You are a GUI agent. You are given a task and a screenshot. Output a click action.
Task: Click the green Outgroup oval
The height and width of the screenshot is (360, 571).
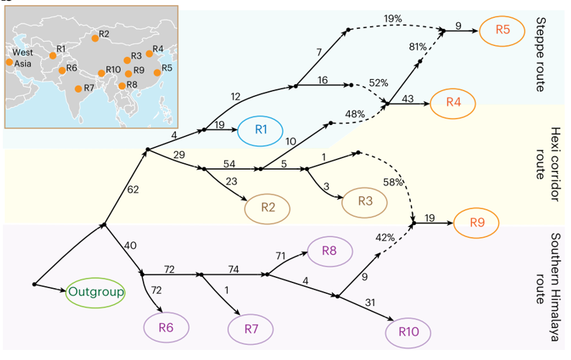click(x=96, y=292)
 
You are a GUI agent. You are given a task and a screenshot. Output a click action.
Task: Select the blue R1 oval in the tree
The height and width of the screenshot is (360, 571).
click(x=261, y=129)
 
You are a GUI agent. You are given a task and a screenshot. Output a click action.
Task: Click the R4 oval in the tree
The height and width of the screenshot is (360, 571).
click(x=453, y=101)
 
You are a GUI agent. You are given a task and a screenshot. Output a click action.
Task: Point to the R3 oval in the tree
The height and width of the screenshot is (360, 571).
click(x=364, y=202)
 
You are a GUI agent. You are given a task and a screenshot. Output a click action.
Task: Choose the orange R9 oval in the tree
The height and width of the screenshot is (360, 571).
click(x=478, y=222)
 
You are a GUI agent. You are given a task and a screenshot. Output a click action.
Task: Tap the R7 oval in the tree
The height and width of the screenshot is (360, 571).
click(x=251, y=329)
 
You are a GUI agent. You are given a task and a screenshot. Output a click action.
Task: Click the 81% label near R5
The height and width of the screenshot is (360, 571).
click(x=417, y=47)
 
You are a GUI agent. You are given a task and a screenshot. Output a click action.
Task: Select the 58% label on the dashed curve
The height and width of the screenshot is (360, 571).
click(x=392, y=183)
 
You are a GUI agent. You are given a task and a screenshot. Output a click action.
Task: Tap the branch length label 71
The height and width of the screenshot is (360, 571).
click(x=281, y=255)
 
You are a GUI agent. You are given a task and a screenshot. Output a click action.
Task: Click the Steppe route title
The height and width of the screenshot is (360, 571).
click(x=541, y=53)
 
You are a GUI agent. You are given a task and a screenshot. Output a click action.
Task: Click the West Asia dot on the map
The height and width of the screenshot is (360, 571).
click(x=9, y=62)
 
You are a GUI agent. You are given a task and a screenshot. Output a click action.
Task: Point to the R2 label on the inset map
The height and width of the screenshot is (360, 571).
click(x=104, y=34)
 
